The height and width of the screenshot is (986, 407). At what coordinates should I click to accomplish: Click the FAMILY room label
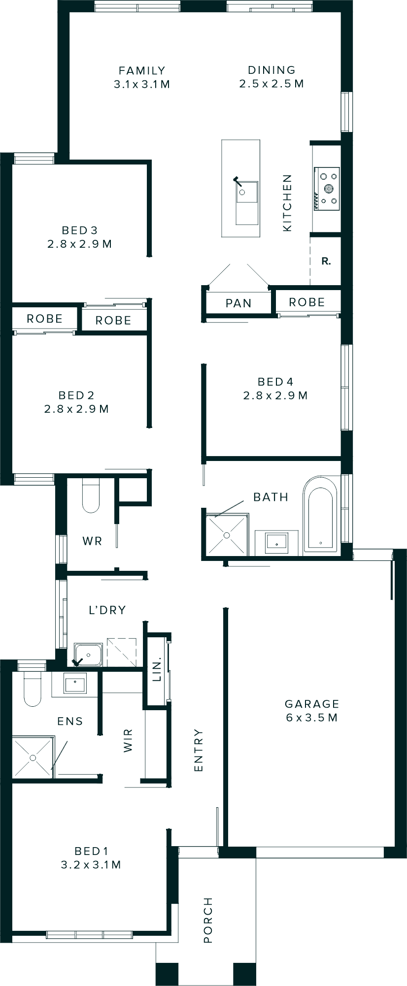tap(142, 70)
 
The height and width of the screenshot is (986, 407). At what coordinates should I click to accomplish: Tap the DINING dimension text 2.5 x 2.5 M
tap(271, 84)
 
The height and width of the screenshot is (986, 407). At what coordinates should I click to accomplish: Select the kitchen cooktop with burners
tap(327, 188)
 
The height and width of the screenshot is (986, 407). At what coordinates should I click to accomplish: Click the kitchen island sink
tap(246, 193)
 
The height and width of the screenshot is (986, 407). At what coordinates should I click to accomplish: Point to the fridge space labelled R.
tap(326, 262)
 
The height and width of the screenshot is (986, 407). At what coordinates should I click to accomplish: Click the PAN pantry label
tap(238, 303)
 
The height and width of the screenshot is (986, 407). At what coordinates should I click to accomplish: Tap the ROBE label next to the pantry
tap(306, 302)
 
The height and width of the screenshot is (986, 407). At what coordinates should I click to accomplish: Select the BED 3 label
tap(79, 230)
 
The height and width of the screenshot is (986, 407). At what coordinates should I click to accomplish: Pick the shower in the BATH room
tap(227, 535)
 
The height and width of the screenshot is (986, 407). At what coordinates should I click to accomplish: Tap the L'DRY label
tap(107, 610)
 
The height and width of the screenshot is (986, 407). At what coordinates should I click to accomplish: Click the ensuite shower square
tap(33, 758)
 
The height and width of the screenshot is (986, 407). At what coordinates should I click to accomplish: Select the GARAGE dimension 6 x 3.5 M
tap(311, 718)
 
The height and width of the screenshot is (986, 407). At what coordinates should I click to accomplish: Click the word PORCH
tap(208, 920)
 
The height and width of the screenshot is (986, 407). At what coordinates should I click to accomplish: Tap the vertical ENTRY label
tap(199, 750)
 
